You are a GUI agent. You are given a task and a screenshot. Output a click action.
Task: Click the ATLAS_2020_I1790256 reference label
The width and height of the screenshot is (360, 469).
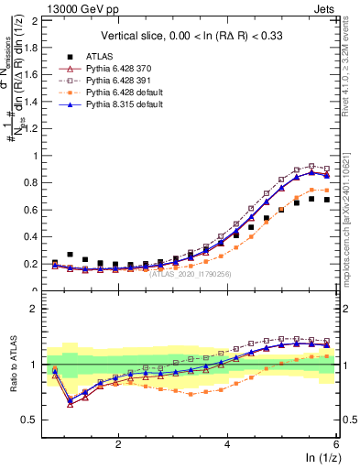coord(190,273)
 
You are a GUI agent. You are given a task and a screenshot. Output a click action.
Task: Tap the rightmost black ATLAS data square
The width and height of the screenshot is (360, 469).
coord(326,200)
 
